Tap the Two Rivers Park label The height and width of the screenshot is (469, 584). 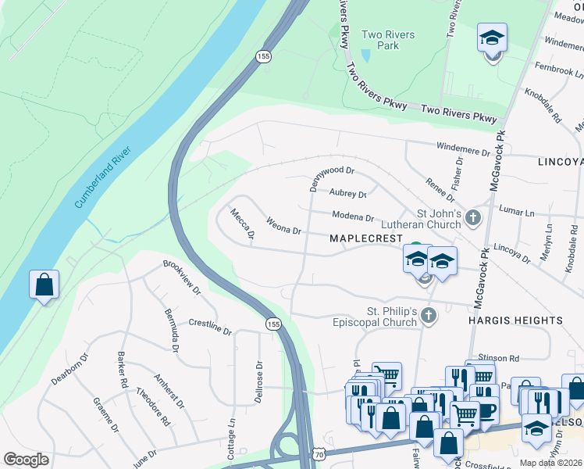coord(388,40)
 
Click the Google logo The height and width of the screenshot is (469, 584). coord(27,460)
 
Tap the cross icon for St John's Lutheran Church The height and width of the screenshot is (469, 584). coord(472,217)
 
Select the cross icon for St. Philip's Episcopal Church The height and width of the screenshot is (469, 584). coord(427,315)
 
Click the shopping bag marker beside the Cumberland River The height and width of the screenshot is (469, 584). coord(44,285)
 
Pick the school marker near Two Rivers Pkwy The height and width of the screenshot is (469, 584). coord(492,38)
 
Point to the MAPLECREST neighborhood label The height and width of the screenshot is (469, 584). coord(365,238)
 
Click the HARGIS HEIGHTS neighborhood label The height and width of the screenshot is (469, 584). coord(515,320)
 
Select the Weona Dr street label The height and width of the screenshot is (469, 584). coord(284,227)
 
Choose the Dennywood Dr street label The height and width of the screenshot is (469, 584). coord(332,179)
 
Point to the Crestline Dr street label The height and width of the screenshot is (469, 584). coord(210,327)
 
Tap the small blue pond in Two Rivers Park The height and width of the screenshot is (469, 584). coord(365,56)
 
